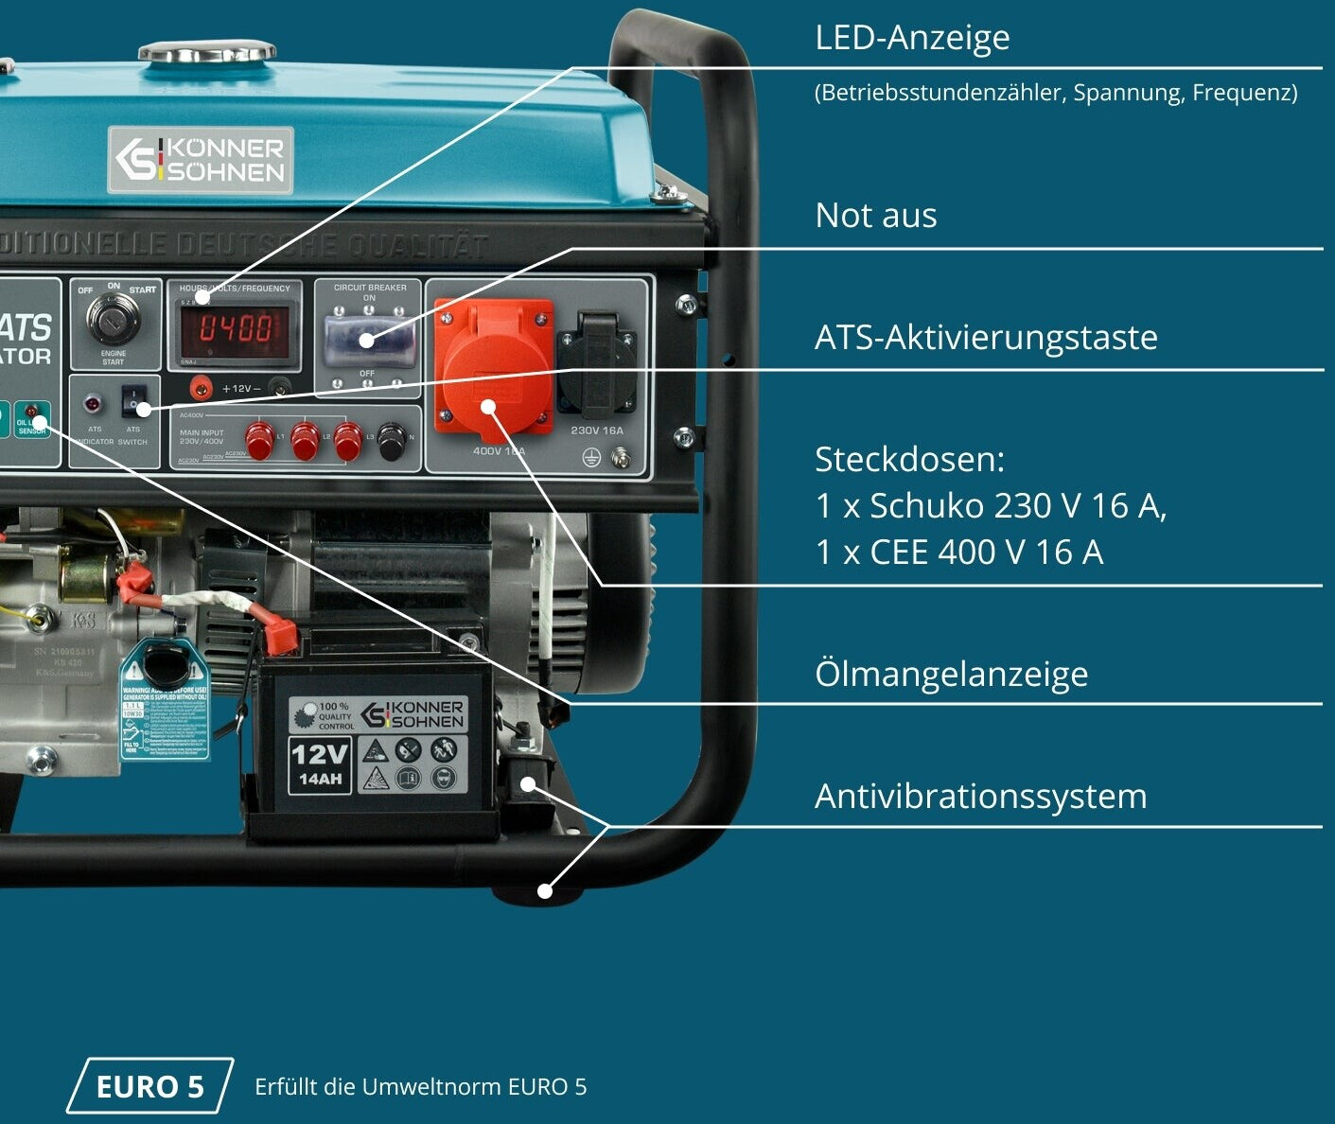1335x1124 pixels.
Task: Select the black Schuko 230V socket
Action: tap(595, 365)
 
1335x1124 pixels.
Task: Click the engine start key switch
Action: tap(113, 319)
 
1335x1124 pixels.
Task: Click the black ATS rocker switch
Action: tap(134, 401)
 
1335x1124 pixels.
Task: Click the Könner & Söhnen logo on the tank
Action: tap(201, 160)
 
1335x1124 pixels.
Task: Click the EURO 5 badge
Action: tap(150, 1086)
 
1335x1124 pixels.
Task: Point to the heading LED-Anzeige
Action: tap(912, 38)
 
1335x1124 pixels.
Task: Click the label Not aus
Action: tap(876, 216)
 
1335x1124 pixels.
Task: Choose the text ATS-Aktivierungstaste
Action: tap(986, 338)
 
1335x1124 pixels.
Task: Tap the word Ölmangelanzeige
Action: tap(951, 675)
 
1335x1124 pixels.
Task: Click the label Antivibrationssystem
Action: tap(980, 797)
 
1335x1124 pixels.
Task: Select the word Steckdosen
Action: tap(909, 460)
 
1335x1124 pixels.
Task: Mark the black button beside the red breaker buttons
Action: tap(392, 441)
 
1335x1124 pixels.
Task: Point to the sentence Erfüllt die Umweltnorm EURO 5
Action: tap(421, 1087)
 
